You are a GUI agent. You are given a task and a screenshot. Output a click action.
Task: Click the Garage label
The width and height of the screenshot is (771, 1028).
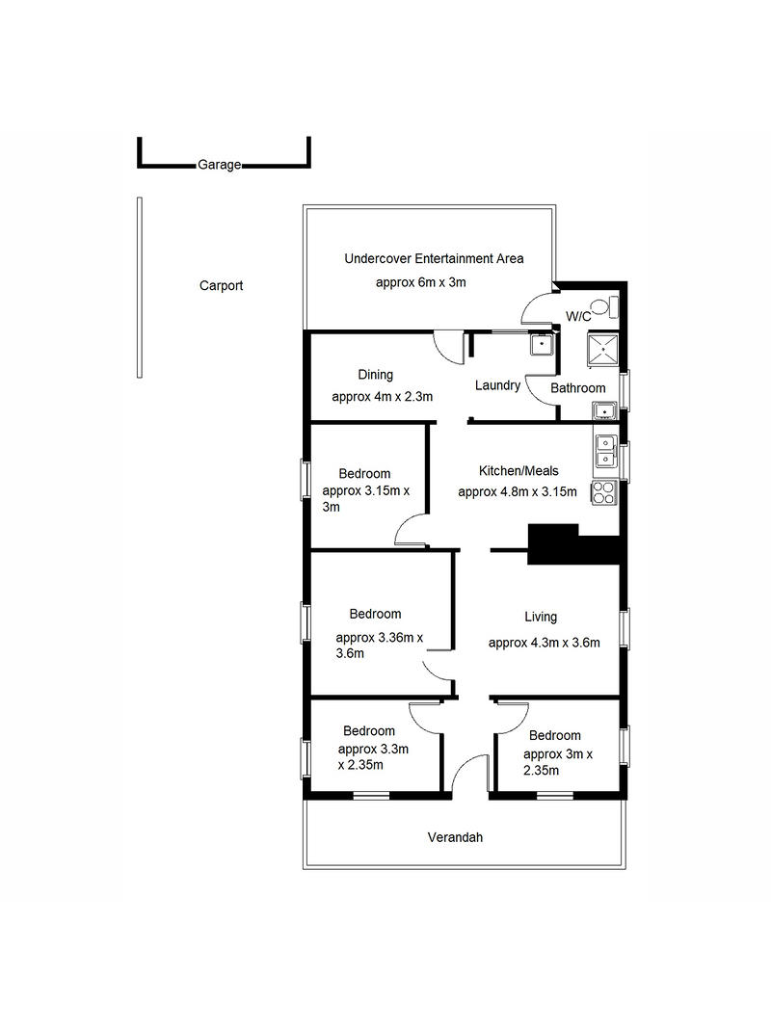click(220, 165)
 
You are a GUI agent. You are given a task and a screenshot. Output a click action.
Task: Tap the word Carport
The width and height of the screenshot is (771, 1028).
click(221, 285)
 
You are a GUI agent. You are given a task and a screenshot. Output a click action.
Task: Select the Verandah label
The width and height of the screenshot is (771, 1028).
click(455, 837)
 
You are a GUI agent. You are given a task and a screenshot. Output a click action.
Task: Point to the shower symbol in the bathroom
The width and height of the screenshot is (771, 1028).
click(603, 350)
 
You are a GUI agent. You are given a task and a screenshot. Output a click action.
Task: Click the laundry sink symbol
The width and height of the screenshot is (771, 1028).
click(542, 344)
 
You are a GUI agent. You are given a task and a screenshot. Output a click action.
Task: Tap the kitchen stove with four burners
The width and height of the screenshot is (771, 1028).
click(604, 493)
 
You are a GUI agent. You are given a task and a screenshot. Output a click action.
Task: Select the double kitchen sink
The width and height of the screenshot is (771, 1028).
click(605, 452)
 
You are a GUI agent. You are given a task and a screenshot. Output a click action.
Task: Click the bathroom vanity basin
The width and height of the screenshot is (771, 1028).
click(604, 411)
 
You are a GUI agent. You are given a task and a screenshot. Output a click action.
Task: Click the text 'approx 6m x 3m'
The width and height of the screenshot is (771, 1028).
click(421, 282)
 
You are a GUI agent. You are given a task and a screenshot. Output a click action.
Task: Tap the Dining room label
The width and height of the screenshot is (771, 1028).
click(376, 375)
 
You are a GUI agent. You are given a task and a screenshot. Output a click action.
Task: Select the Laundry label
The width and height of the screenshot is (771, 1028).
click(497, 384)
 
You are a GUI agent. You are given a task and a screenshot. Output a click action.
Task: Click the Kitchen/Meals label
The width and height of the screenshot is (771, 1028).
click(518, 471)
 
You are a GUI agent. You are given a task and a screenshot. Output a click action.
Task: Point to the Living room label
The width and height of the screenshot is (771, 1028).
click(541, 617)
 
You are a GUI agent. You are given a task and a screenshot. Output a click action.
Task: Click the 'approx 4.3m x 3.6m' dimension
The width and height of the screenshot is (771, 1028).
click(545, 644)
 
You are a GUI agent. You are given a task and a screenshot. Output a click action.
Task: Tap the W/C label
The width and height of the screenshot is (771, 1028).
click(578, 317)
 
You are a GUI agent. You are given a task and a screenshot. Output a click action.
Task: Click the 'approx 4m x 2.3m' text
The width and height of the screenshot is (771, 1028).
click(383, 397)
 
